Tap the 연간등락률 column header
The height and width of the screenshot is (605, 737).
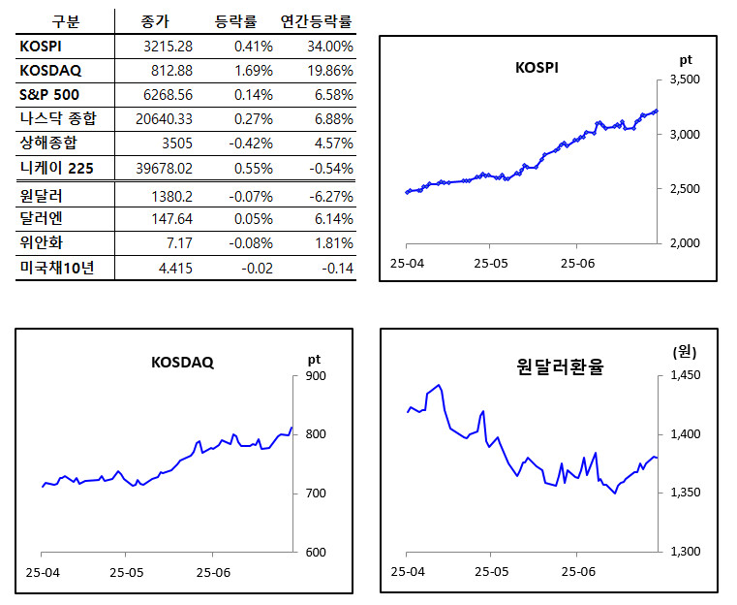(x=316, y=20)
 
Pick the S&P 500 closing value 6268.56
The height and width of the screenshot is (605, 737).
(x=166, y=95)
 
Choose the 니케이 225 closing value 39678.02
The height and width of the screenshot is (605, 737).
(x=162, y=169)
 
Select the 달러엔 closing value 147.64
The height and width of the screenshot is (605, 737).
(x=170, y=219)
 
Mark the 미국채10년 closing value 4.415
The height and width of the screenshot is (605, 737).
(x=174, y=269)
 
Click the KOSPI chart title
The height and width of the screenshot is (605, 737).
(x=537, y=68)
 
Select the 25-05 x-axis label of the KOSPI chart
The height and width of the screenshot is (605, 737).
(x=491, y=263)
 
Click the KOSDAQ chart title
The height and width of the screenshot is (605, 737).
(x=182, y=363)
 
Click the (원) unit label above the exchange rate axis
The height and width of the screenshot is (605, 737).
(x=684, y=353)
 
